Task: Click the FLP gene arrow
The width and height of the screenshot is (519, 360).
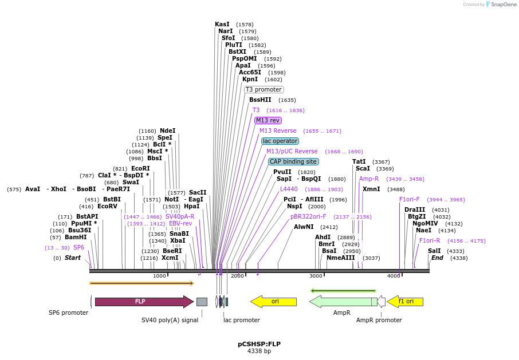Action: (x=143, y=302)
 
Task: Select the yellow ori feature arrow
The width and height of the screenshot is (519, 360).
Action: (x=274, y=302)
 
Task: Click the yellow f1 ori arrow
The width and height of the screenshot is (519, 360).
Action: (x=406, y=302)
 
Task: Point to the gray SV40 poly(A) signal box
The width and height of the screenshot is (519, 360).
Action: (x=202, y=302)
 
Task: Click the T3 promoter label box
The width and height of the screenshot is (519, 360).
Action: (x=264, y=89)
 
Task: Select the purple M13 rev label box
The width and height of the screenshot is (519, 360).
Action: (x=268, y=120)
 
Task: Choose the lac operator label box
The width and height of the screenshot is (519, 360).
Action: (x=280, y=141)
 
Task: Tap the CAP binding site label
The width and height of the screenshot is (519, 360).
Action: (x=293, y=161)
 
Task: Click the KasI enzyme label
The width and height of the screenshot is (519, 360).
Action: (x=222, y=24)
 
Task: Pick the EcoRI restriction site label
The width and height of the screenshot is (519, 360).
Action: (x=140, y=168)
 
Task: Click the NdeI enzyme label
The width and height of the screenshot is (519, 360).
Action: (x=167, y=130)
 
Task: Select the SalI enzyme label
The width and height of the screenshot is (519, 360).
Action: (x=434, y=251)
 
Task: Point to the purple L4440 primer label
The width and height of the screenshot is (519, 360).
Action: (x=289, y=189)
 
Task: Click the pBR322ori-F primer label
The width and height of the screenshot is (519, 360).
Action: (x=308, y=217)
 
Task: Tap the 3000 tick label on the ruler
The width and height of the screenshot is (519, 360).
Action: (x=316, y=276)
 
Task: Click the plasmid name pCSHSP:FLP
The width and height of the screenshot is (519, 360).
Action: (x=259, y=344)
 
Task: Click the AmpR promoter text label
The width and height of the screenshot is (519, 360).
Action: (x=379, y=320)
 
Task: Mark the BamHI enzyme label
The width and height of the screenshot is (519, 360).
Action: (x=76, y=237)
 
